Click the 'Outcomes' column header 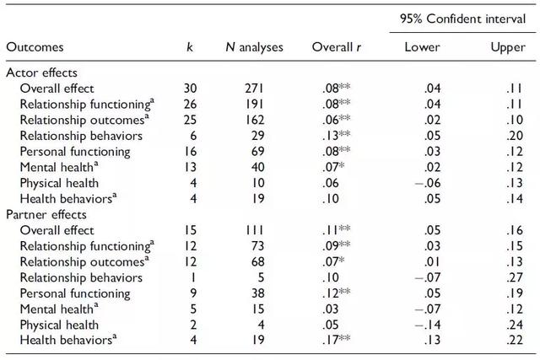[35, 47]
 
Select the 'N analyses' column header [255, 47]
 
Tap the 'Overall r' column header [337, 47]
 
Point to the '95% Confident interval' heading [463, 19]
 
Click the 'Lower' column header [422, 47]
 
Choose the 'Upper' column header [508, 48]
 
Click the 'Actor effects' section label [41, 73]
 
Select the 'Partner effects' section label [46, 214]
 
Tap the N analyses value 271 [255, 89]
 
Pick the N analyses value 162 [255, 120]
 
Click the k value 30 [190, 89]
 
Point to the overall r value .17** [337, 340]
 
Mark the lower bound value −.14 [428, 325]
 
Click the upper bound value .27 [515, 277]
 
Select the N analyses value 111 [255, 230]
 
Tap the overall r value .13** [337, 136]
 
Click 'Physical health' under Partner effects [59, 325]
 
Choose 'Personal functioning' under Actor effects [75, 152]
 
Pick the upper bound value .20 [515, 136]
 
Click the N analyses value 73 [258, 245]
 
